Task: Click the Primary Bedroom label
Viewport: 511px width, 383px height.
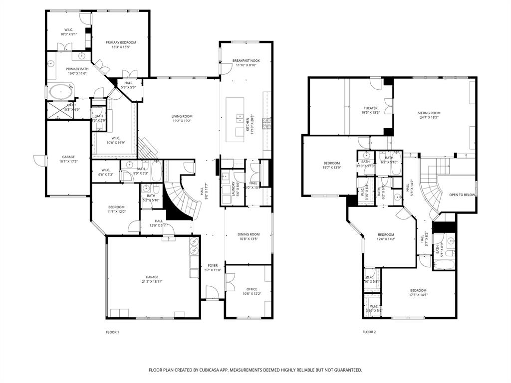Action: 121,43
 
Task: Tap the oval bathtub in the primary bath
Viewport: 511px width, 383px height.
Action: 60,93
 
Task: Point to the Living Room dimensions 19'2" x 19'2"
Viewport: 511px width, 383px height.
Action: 182,121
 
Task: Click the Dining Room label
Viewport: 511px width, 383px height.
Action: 248,234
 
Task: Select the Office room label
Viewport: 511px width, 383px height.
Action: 252,289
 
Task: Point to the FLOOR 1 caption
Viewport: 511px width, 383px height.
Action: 113,332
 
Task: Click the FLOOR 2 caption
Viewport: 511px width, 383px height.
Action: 369,332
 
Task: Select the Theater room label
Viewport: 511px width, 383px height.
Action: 370,108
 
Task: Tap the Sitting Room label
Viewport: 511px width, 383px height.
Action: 429,113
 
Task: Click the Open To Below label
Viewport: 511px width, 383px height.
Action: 462,195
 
